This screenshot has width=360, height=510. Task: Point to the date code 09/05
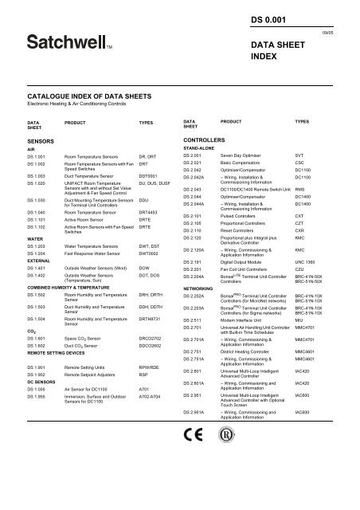click(x=343, y=32)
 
